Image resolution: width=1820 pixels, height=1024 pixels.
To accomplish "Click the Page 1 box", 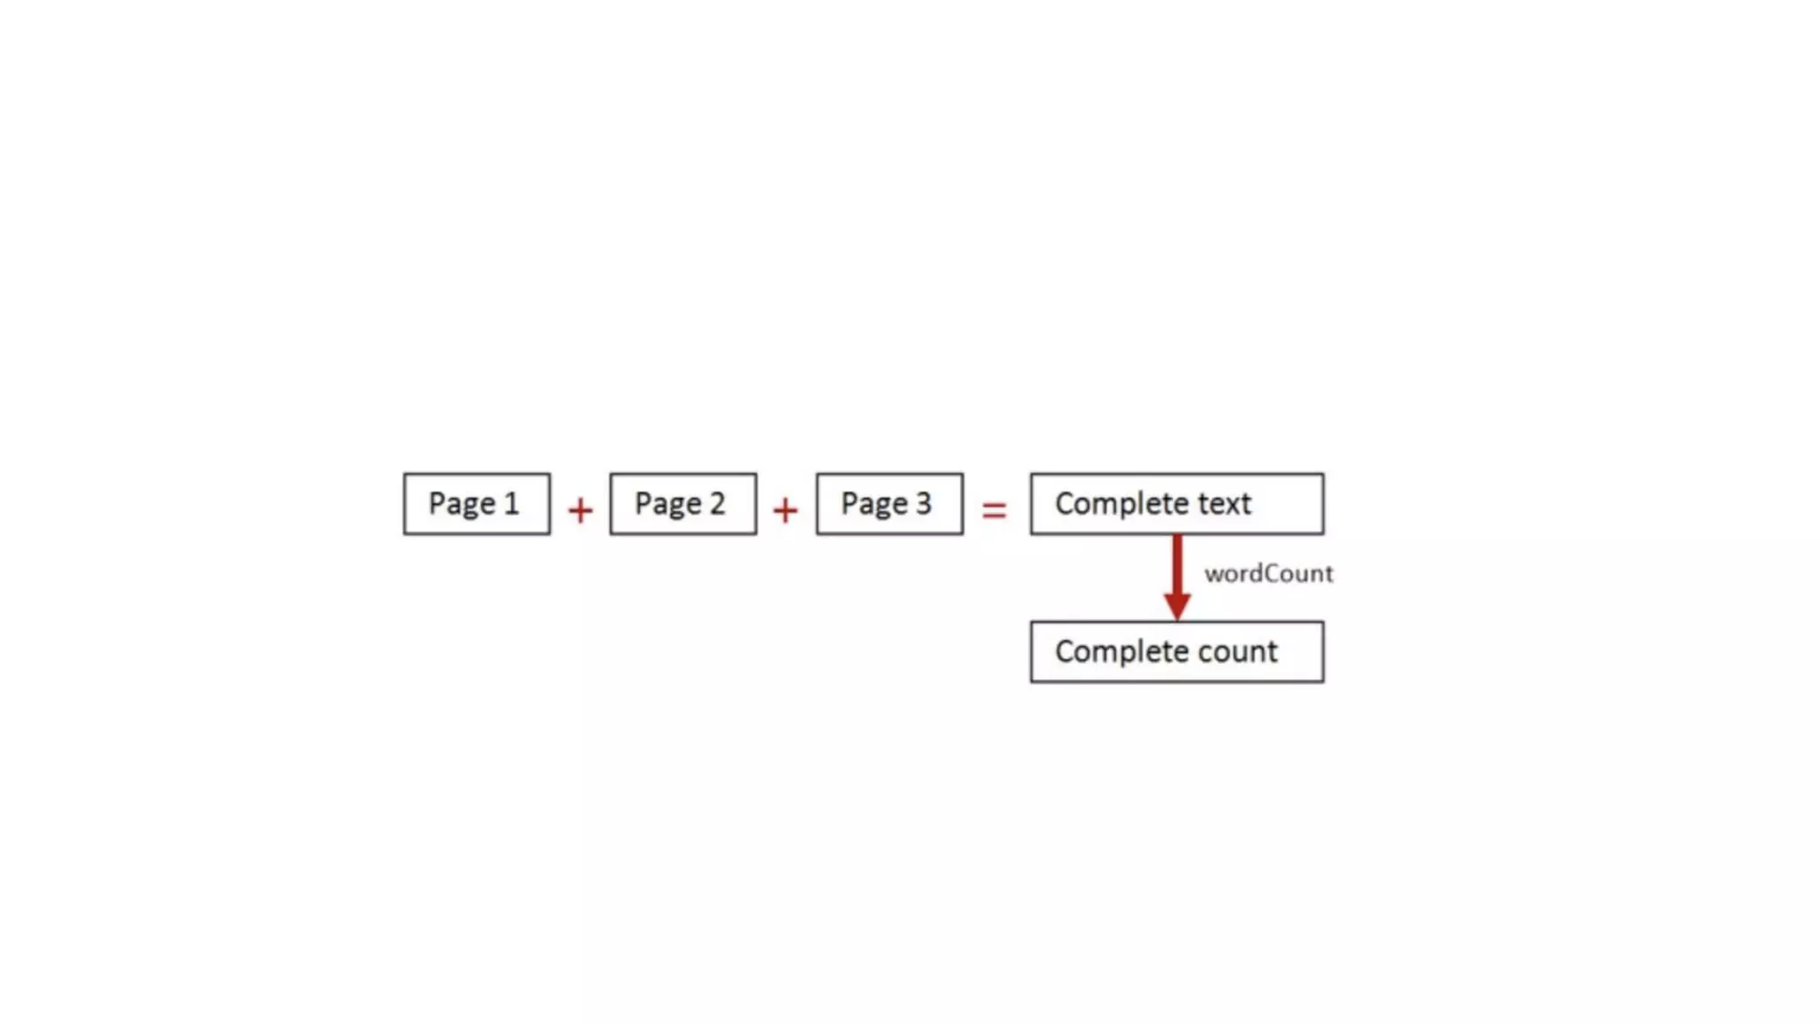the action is click(476, 504).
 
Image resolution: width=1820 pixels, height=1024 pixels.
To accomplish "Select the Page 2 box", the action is click(682, 504).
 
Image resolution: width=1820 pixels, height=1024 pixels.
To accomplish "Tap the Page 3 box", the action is click(889, 504).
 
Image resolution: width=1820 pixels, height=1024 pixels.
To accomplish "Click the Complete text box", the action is click(1177, 504).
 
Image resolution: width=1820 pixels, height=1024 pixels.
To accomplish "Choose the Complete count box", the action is click(1177, 652).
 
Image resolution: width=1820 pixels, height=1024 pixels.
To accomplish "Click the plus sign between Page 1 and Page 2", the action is click(580, 510).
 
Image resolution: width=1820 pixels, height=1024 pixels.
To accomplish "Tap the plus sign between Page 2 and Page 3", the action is click(786, 510).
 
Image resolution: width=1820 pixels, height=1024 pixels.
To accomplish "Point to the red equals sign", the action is click(994, 509).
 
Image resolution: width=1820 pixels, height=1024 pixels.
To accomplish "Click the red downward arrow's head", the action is click(1177, 606).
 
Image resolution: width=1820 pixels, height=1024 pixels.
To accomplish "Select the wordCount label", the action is click(1268, 574).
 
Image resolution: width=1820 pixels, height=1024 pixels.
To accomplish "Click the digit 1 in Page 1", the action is click(511, 504).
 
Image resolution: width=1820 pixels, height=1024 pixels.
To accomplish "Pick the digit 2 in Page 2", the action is click(716, 504).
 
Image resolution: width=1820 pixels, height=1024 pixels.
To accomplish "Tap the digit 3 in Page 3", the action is click(923, 504).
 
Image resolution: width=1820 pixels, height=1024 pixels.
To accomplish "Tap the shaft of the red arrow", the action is click(1177, 564).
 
